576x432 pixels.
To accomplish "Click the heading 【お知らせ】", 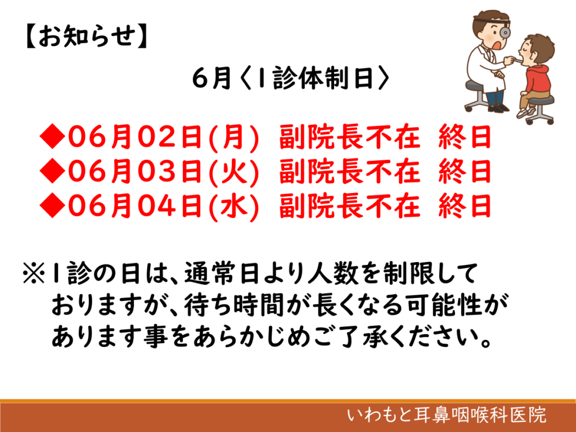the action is coord(87,36).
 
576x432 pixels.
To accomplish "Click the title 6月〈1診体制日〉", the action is coord(291,78).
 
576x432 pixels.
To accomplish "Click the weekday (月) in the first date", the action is coord(234,137).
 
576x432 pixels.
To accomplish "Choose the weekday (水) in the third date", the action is coord(234,206).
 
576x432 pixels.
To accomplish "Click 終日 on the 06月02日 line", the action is coord(465,137).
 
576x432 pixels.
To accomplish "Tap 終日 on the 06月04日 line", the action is coord(465,206).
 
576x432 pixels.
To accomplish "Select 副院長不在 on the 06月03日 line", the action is coord(349,171).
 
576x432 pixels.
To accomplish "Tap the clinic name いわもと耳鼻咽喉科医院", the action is coord(447,415).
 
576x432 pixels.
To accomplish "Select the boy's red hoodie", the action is coord(537,79).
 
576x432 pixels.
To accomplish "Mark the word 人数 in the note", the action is coord(333,273).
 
